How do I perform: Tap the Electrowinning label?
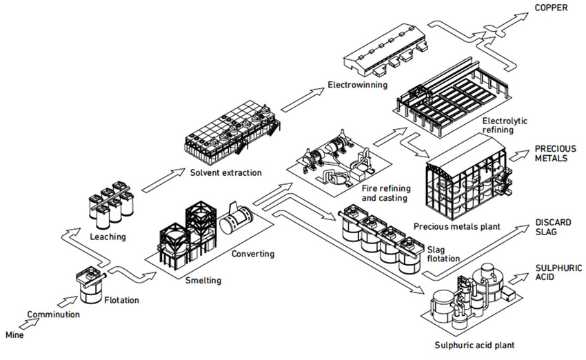click(356, 86)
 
